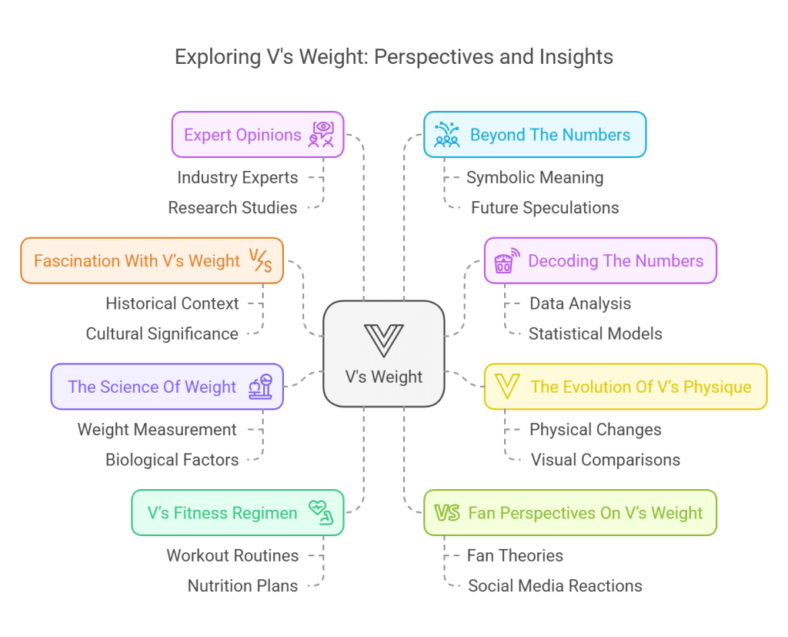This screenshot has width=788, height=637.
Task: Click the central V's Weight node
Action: click(x=383, y=354)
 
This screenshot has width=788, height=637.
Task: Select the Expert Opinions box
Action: click(x=257, y=135)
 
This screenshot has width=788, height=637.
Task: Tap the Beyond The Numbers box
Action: click(x=534, y=135)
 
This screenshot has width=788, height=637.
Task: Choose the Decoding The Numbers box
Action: click(x=599, y=261)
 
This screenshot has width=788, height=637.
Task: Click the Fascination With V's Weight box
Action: click(x=152, y=261)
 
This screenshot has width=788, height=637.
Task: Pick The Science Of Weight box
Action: click(x=166, y=387)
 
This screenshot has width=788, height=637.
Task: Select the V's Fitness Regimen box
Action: click(x=237, y=513)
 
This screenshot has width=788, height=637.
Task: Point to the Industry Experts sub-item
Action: click(x=237, y=177)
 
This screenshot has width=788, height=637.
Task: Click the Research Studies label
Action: click(x=232, y=207)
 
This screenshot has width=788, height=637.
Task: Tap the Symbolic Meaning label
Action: click(x=535, y=177)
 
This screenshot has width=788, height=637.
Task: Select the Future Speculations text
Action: click(x=545, y=207)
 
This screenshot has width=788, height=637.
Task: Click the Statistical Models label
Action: click(x=596, y=334)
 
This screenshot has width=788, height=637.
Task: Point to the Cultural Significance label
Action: click(x=162, y=334)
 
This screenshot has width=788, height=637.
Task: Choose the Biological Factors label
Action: click(x=172, y=460)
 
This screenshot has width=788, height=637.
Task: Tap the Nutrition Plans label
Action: click(x=242, y=585)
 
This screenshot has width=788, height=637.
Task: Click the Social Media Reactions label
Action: click(x=555, y=585)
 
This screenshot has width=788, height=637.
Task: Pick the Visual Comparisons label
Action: click(x=606, y=460)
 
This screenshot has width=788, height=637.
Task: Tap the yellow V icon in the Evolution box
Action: click(x=506, y=387)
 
